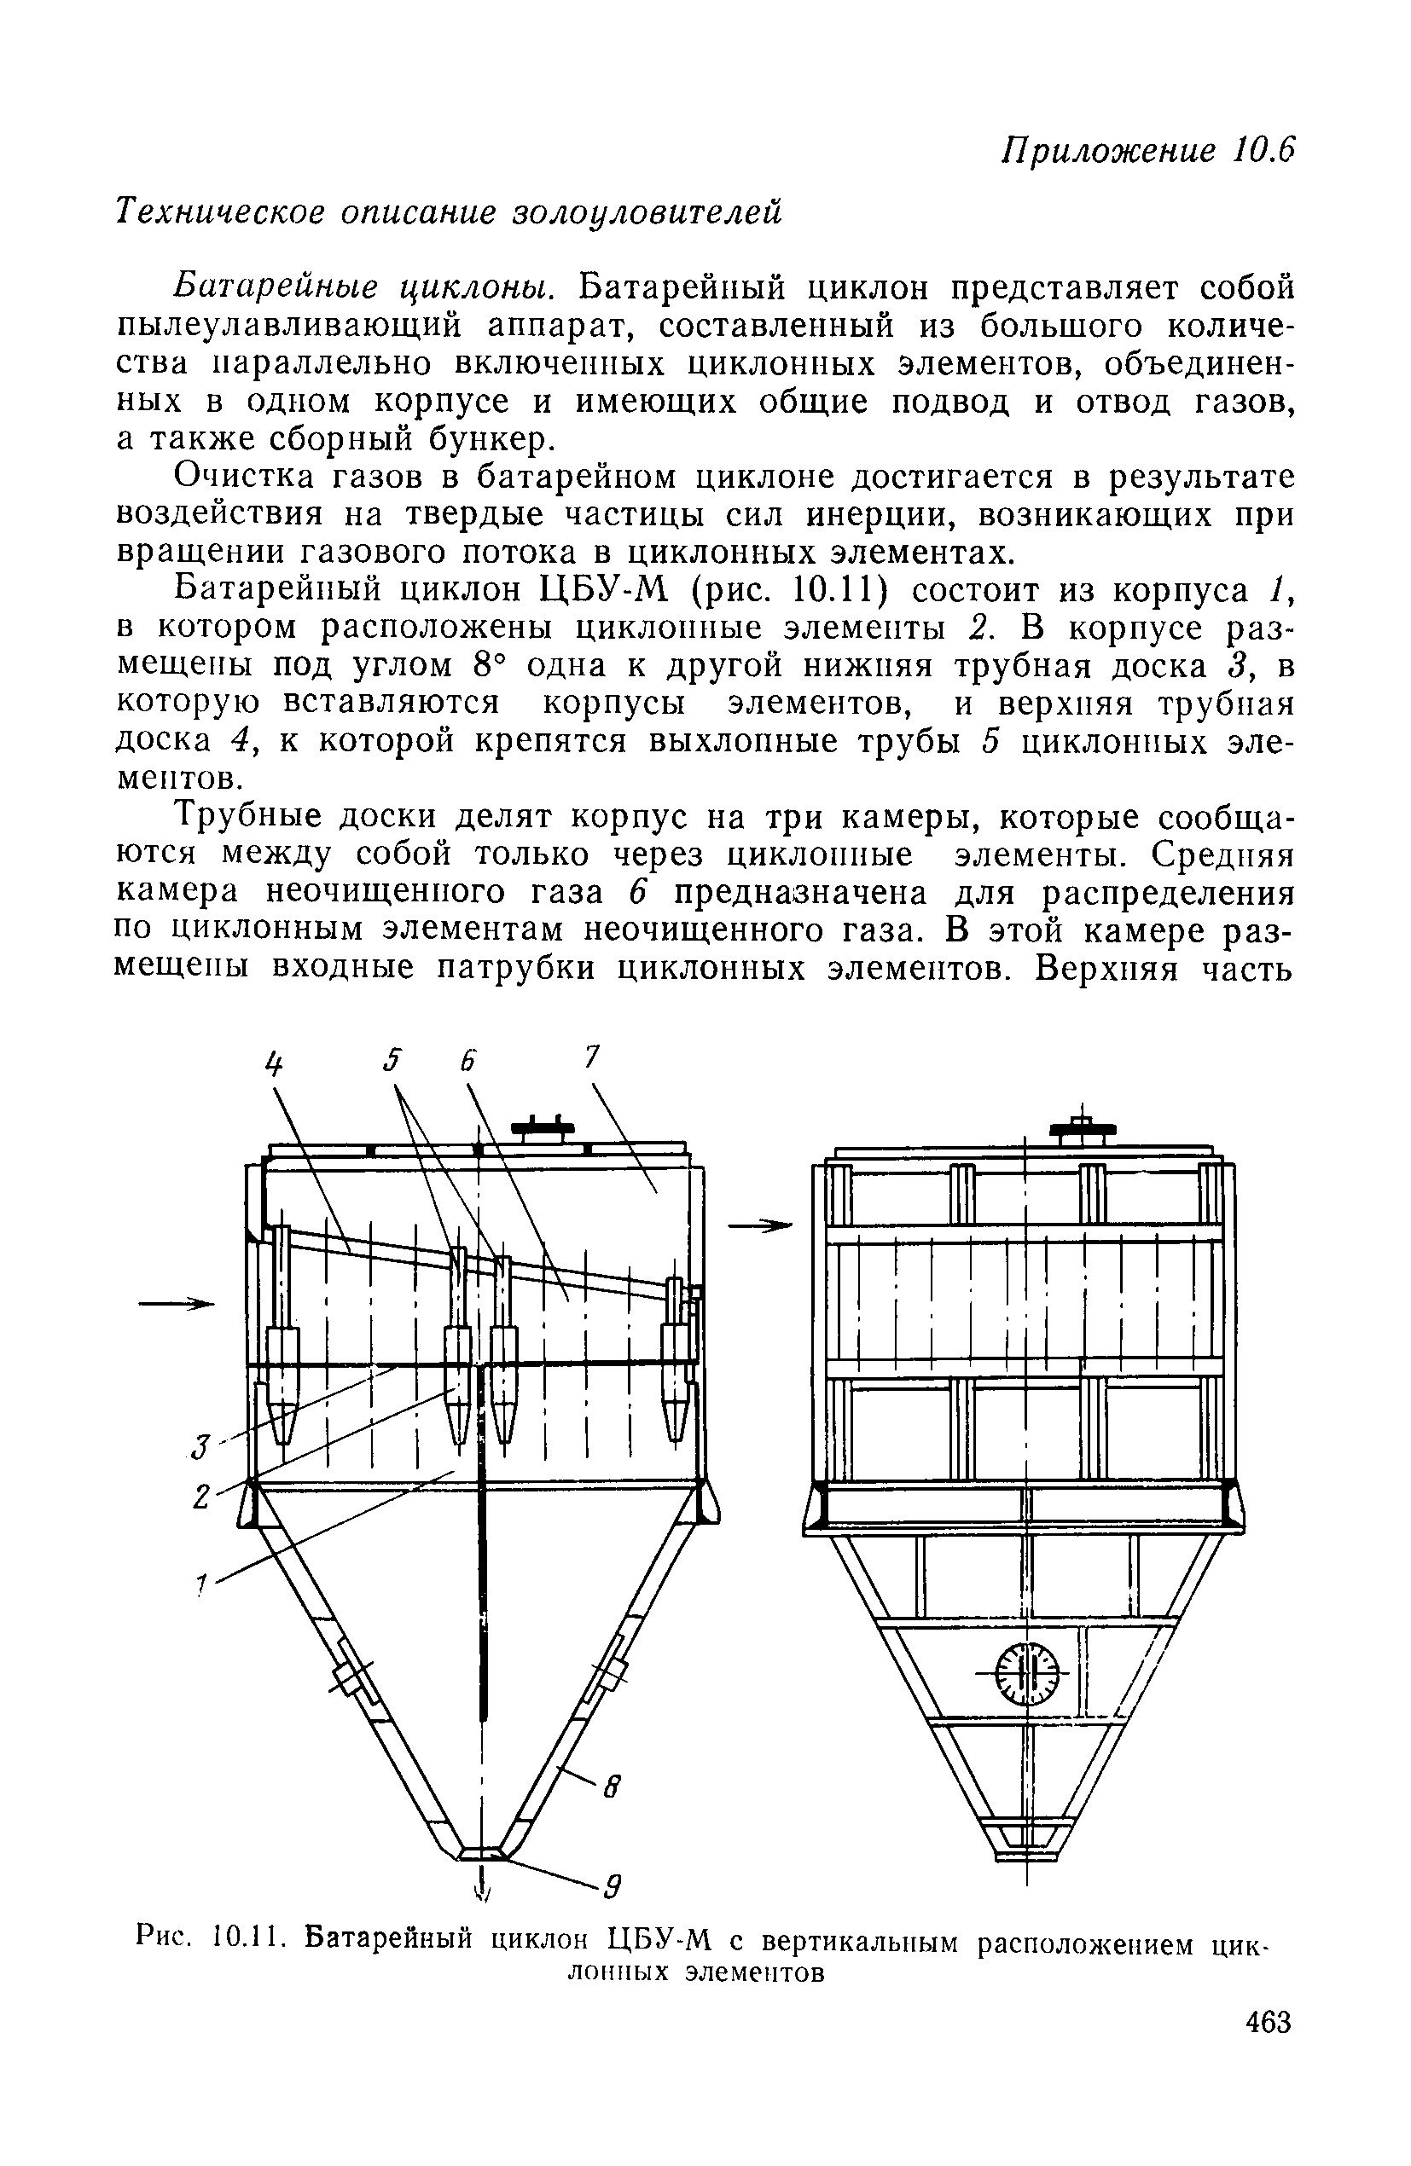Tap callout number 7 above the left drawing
(x=591, y=1057)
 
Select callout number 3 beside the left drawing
(x=202, y=1445)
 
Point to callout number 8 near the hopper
(x=612, y=1789)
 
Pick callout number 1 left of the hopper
(x=202, y=1584)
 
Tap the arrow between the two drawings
(x=760, y=1227)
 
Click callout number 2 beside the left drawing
(x=202, y=1497)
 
